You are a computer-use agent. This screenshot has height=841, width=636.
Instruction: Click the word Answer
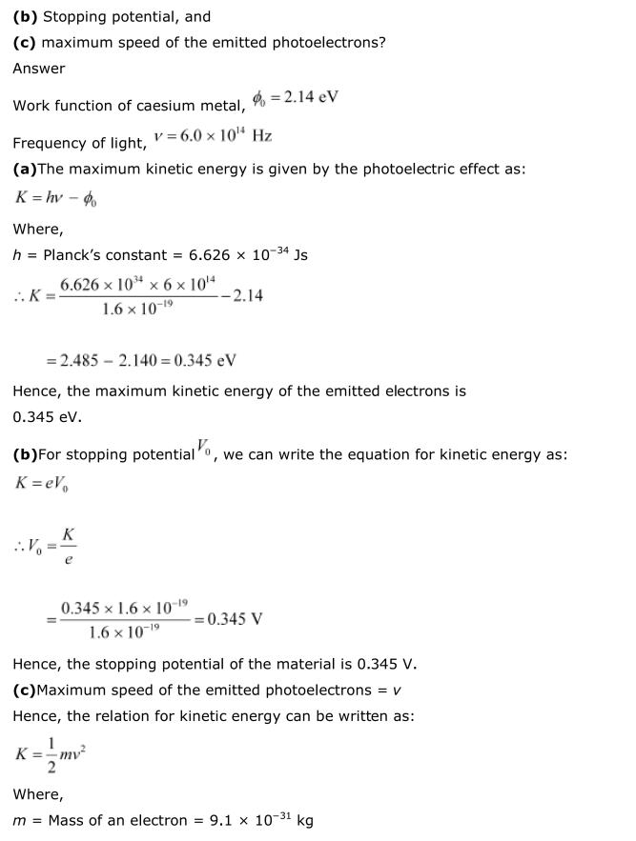(x=39, y=68)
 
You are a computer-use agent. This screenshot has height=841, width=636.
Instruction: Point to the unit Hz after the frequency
(x=262, y=135)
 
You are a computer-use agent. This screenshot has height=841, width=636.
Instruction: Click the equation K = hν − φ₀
(x=56, y=198)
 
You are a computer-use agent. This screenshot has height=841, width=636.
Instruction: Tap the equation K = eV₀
(x=41, y=483)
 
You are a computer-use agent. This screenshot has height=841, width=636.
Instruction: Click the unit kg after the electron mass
(x=305, y=820)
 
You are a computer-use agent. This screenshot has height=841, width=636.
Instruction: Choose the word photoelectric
(x=356, y=169)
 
